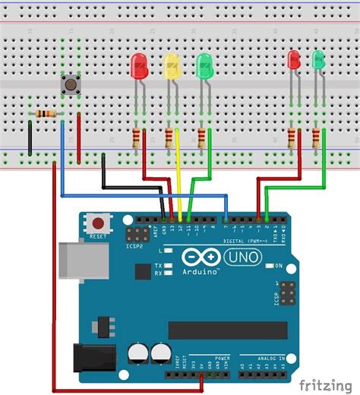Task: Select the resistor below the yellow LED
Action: coord(169,137)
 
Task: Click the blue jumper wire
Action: coord(144,195)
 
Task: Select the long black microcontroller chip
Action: coord(227,330)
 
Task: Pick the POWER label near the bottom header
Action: coord(223,357)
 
